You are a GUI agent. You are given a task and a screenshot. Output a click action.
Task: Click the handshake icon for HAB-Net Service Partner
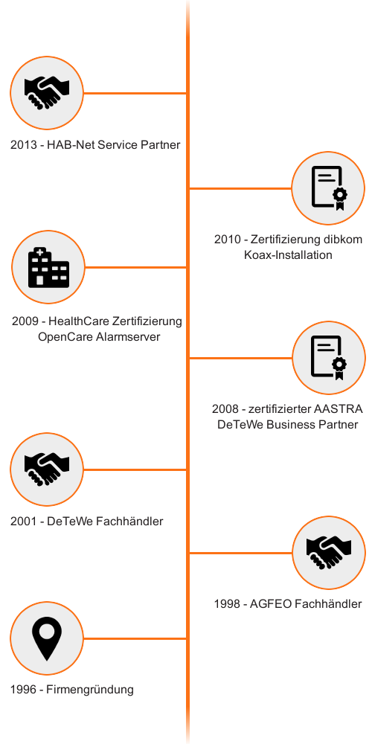pyautogui.click(x=47, y=93)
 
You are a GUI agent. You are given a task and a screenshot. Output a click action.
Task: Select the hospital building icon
pyautogui.click(x=49, y=267)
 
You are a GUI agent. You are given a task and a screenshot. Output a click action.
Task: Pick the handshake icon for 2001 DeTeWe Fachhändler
pyautogui.click(x=47, y=469)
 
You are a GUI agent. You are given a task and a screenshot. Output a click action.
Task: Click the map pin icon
pyautogui.click(x=47, y=638)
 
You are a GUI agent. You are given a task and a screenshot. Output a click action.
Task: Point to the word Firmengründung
pyautogui.click(x=90, y=690)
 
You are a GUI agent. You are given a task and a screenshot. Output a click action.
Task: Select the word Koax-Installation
pyautogui.click(x=288, y=254)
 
